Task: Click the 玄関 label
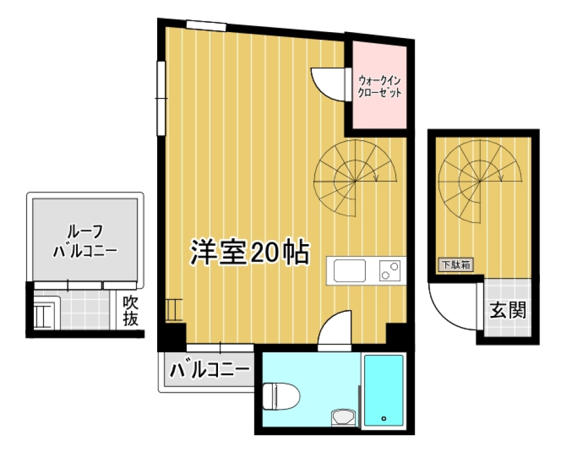coord(507,310)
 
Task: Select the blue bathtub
coord(383,390)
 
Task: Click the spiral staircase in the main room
coord(355,180)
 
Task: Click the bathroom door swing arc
coord(335,331)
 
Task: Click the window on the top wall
coord(206,25)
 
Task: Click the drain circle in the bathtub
coord(383,418)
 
